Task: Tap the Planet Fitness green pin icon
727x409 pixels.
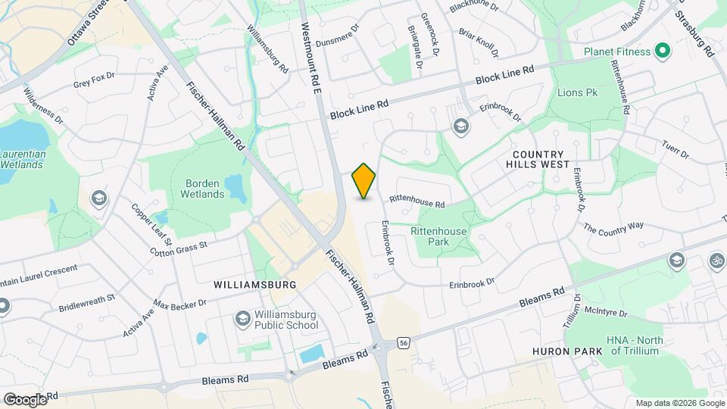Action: coord(663,52)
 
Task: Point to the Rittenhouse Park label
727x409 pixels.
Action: coord(438,236)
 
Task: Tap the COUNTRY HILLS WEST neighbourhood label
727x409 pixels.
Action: coord(540,158)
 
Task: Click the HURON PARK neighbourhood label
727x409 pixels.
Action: coord(567,351)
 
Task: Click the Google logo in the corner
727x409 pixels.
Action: coord(24,398)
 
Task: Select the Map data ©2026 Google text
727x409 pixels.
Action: coord(680,403)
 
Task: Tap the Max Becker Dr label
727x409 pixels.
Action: coord(179,304)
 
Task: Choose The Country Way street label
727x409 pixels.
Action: coord(613,226)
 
